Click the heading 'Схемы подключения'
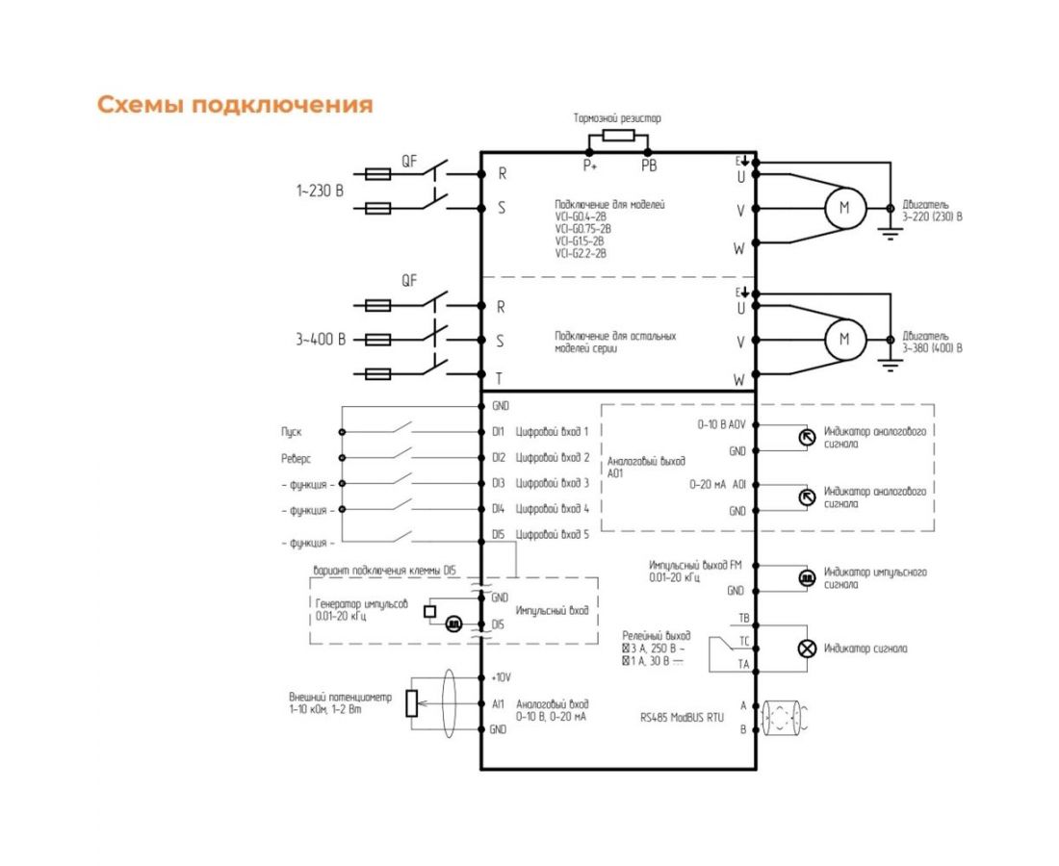click(235, 105)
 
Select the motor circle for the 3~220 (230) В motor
click(845, 209)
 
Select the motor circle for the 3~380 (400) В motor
click(845, 339)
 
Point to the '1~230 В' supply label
click(320, 191)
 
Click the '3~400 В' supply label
click(320, 340)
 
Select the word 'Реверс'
click(296, 459)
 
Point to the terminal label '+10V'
click(500, 677)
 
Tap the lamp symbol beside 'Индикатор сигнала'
click(807, 649)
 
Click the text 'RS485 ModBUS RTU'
click(682, 717)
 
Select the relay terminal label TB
click(743, 618)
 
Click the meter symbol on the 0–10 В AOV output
click(807, 436)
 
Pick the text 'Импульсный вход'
click(553, 611)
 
